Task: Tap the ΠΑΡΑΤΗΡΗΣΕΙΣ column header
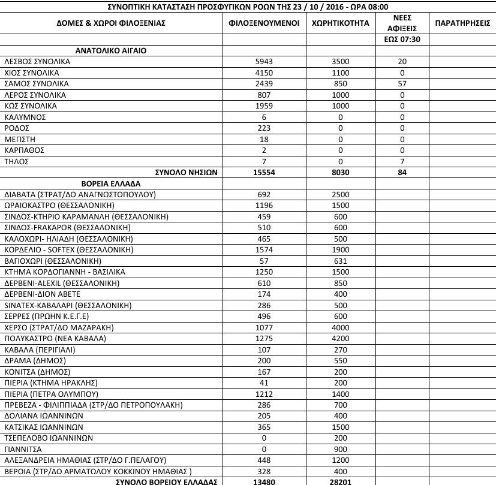[462, 23]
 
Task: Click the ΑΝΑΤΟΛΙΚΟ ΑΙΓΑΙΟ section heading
[112, 50]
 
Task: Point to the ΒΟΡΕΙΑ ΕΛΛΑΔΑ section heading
[109, 183]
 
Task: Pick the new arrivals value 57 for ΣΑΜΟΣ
[402, 83]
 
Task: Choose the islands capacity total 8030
[340, 172]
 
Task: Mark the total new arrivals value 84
[402, 172]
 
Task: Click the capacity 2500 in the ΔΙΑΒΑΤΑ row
[340, 194]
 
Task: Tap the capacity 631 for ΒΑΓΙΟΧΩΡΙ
[340, 260]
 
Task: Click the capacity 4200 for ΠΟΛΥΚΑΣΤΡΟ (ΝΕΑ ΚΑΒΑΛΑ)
[340, 338]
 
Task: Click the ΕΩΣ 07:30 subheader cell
[402, 39]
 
